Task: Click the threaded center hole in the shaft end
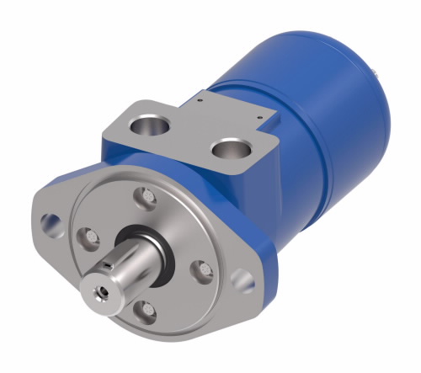[101, 288]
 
